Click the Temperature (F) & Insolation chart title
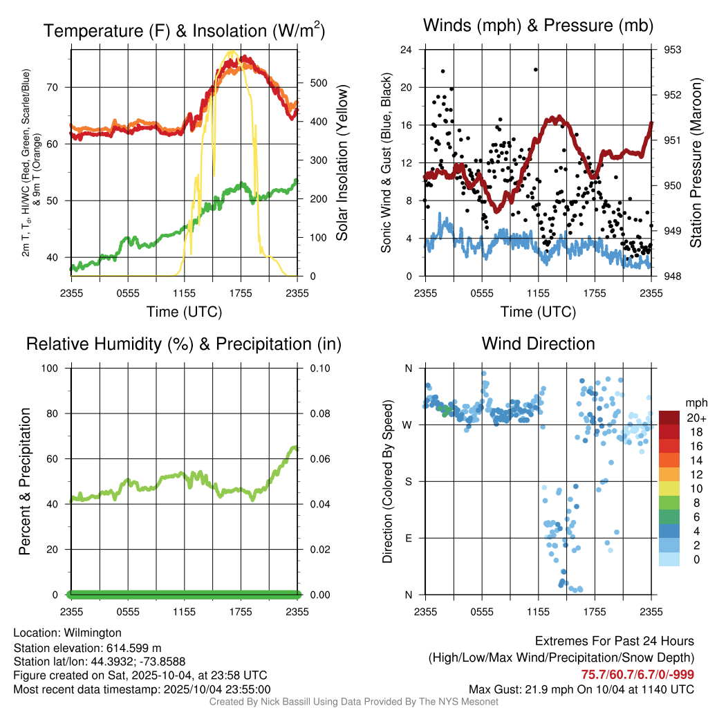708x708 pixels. pos(184,30)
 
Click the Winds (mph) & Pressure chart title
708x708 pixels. pos(538,26)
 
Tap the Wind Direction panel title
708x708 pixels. pos(538,344)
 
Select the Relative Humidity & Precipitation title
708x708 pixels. pos(184,344)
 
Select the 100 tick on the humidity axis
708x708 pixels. pos(54,369)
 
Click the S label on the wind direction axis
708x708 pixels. pos(409,482)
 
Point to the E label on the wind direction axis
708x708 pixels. pos(409,539)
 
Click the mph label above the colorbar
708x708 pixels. pos(695,402)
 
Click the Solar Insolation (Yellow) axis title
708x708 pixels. pos(342,163)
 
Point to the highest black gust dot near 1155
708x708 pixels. pos(535,69)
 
